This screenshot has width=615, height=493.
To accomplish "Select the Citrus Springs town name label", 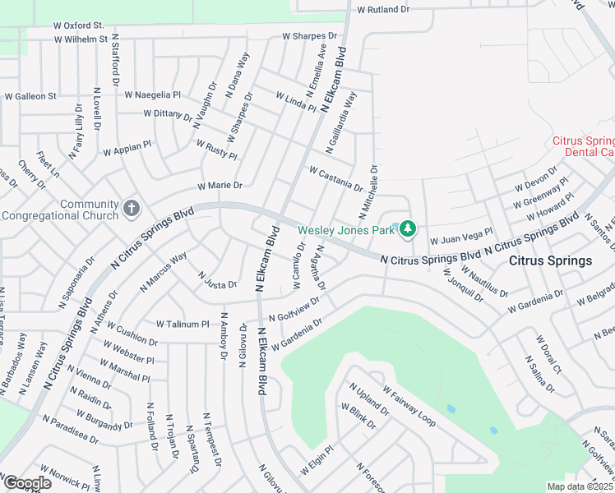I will (550, 261).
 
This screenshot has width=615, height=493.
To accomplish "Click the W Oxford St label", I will (77, 26).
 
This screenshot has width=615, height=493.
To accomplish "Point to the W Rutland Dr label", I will (382, 10).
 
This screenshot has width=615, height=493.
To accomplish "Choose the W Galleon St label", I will (30, 96).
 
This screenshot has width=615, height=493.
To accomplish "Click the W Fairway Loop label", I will (409, 403).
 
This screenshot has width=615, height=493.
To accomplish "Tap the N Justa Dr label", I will (217, 279).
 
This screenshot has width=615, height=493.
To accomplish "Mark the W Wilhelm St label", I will (81, 39).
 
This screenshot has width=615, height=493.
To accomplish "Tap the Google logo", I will (26, 483).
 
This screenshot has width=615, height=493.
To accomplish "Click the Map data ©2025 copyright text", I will (579, 486).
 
